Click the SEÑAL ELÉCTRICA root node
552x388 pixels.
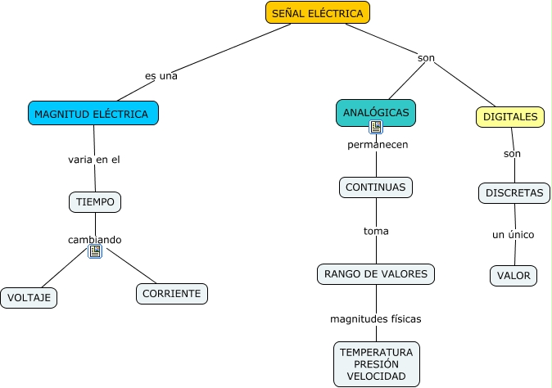tap(318, 13)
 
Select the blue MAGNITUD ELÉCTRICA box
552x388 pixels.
tap(93, 114)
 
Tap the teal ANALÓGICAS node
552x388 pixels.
tap(376, 112)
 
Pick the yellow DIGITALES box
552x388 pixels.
tap(510, 117)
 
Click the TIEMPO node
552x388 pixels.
tap(95, 201)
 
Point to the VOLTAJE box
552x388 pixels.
tap(29, 298)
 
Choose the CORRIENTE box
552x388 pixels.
tap(172, 293)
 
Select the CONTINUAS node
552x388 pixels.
tap(375, 187)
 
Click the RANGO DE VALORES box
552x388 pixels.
tap(376, 274)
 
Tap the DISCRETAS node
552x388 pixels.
tap(514, 193)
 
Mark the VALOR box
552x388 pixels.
tap(514, 276)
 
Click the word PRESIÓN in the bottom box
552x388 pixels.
tap(376, 363)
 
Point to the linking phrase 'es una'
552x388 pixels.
tap(161, 75)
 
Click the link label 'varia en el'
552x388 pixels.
tap(94, 160)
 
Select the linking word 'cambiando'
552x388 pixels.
tap(95, 240)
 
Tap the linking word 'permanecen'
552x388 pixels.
tap(378, 145)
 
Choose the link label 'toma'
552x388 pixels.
tap(376, 231)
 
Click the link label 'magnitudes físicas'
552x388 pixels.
tap(376, 318)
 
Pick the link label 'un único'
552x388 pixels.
tap(514, 235)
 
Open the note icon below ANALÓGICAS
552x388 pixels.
tap(376, 127)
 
